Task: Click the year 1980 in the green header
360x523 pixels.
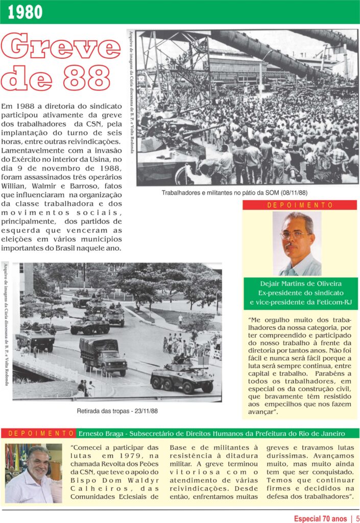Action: tap(26, 12)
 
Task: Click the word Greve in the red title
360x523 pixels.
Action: tap(61, 47)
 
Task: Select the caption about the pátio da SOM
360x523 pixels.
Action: tap(234, 192)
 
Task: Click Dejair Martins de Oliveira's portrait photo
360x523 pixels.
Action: tap(297, 244)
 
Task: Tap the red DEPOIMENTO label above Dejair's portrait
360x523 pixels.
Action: tap(300, 205)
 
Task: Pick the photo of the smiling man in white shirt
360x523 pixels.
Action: tap(33, 473)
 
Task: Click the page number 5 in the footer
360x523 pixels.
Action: tap(358, 518)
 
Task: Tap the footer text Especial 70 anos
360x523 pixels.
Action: tap(320, 518)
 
